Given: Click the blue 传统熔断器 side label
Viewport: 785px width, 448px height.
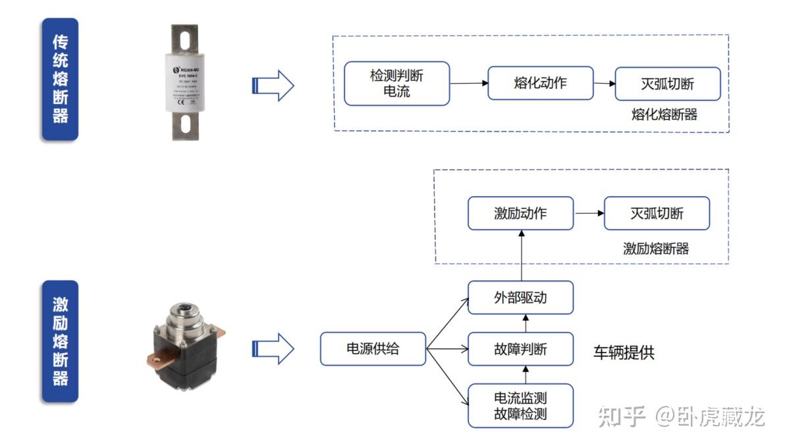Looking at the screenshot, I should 60,79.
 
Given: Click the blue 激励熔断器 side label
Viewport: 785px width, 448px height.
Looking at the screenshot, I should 60,341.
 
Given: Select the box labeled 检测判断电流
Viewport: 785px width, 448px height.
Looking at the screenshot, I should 397,84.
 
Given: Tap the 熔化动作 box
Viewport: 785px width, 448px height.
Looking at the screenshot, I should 540,84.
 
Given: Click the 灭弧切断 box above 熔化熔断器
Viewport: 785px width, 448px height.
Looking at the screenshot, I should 667,84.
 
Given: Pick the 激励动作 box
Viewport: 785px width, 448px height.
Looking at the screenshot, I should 520,213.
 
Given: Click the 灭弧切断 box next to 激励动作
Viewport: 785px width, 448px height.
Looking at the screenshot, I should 657,213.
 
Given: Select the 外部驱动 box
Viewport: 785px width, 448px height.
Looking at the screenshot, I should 520,297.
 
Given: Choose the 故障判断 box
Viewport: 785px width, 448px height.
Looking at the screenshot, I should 520,349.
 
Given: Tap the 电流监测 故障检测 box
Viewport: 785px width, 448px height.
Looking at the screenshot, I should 520,406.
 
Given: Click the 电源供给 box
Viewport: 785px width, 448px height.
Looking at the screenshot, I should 373,349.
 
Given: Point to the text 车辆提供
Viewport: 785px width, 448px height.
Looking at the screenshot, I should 624,352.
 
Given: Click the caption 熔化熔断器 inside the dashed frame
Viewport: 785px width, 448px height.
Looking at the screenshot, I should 664,114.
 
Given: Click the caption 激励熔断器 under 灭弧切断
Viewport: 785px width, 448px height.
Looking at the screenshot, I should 656,249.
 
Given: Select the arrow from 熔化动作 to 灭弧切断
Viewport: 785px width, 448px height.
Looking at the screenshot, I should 604,84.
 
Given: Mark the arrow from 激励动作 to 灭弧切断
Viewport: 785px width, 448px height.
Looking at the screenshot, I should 589,213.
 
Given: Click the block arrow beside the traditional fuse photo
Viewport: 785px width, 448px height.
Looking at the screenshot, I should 273,86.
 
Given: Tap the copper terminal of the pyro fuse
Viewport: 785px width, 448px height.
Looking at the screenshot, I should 155,358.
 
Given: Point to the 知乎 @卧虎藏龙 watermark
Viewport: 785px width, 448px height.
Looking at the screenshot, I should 682,416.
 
